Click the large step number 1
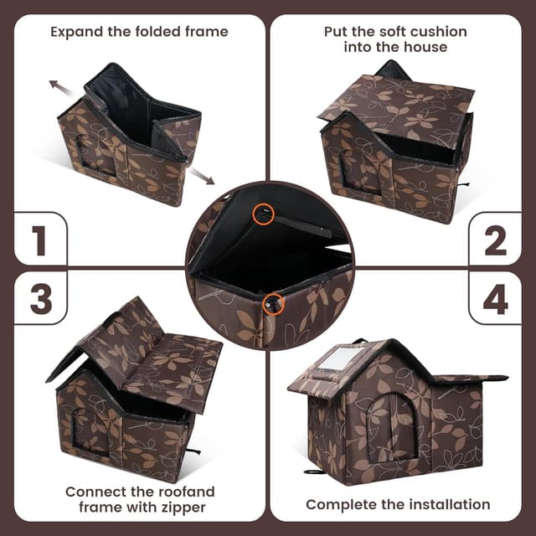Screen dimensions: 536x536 click(39, 240)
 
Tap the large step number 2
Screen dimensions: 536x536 click(495, 240)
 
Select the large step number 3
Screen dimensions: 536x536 click(41, 299)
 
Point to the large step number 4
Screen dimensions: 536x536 click(495, 299)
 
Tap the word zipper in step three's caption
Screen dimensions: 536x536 click(183, 508)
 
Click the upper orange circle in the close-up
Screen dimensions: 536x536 click(264, 214)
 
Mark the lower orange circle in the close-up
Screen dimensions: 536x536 click(274, 304)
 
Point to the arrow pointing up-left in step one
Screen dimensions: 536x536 click(60, 87)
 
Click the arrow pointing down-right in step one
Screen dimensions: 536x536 click(202, 176)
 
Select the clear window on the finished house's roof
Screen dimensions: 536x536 click(333, 360)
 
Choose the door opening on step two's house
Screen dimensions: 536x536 click(359, 173)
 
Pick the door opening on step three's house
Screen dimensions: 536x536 click(90, 431)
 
